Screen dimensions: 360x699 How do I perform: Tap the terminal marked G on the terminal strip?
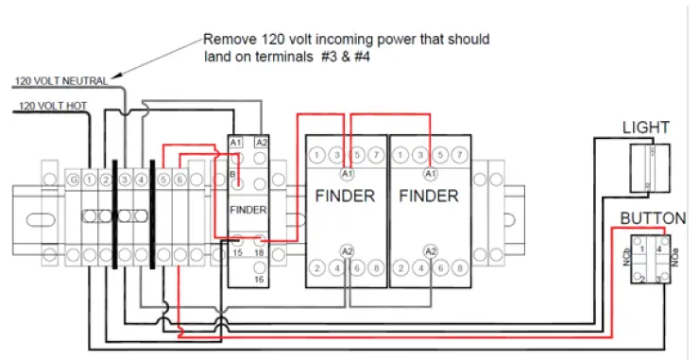(73, 179)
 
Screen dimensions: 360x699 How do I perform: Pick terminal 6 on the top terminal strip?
(179, 179)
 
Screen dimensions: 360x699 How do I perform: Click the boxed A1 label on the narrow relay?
(235, 142)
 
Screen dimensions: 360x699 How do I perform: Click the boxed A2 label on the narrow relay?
(262, 142)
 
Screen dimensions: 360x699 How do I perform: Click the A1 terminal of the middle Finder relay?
(347, 175)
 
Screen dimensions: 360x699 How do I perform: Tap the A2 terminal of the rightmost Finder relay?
(431, 250)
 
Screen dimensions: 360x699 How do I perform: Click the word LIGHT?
(646, 128)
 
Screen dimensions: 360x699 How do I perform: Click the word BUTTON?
(653, 219)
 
